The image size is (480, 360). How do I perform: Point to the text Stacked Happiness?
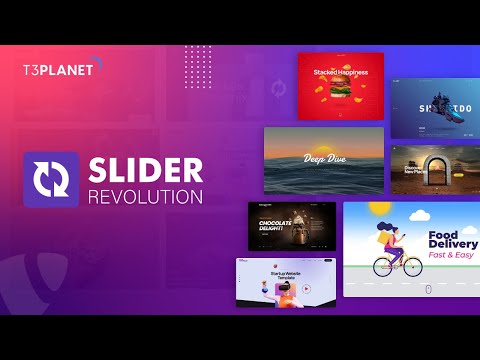(x=341, y=72)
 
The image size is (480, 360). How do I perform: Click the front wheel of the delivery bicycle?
(x=412, y=267)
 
